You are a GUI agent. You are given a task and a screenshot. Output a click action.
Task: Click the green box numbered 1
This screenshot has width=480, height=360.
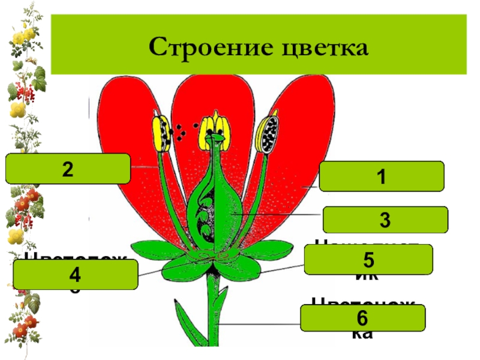click(382, 176)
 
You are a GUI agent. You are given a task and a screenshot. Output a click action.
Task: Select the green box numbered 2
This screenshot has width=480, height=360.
click(68, 169)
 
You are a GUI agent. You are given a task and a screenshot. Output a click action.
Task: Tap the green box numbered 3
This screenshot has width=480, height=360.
click(385, 220)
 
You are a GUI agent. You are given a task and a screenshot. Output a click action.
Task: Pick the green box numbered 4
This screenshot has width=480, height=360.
click(76, 275)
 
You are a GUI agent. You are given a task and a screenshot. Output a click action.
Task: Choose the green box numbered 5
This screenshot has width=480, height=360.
click(368, 260)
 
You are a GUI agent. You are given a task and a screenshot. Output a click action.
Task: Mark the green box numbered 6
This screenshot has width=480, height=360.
click(362, 318)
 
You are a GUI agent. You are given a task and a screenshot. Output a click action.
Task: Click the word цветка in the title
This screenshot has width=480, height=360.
click(322, 47)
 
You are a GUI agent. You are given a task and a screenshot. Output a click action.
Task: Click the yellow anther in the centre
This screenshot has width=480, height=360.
click(215, 125)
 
